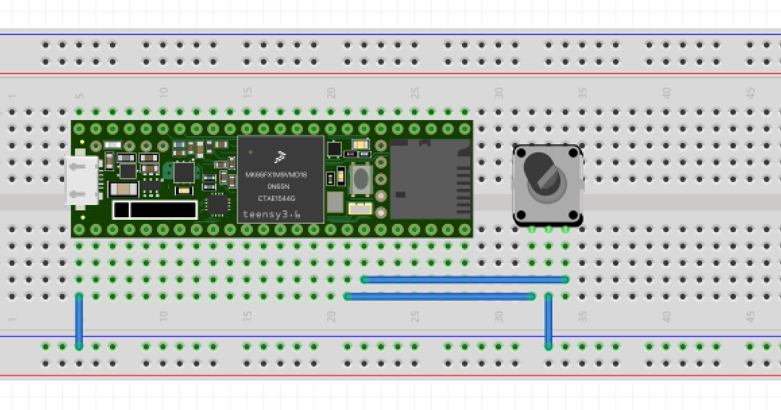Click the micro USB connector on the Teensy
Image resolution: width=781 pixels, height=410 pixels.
pos(82,180)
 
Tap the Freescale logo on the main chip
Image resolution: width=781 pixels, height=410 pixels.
pos(280,158)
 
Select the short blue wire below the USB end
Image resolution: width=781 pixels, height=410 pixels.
pos(79,321)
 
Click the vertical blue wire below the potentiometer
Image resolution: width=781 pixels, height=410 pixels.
pos(548,321)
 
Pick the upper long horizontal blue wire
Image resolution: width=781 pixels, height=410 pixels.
pos(464,279)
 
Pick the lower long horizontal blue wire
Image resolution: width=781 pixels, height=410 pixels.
pos(439,296)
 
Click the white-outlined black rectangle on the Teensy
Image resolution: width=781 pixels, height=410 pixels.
pos(155,210)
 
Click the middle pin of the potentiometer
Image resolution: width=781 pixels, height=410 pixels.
pos(548,229)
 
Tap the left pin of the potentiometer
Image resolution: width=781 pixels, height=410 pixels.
pos(532,229)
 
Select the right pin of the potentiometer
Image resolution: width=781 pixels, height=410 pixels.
pos(565,229)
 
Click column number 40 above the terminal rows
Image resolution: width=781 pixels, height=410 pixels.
pos(666,92)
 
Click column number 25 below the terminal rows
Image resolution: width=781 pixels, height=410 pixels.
pos(415,316)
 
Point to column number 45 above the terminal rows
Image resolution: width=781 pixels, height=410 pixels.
pos(751,92)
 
